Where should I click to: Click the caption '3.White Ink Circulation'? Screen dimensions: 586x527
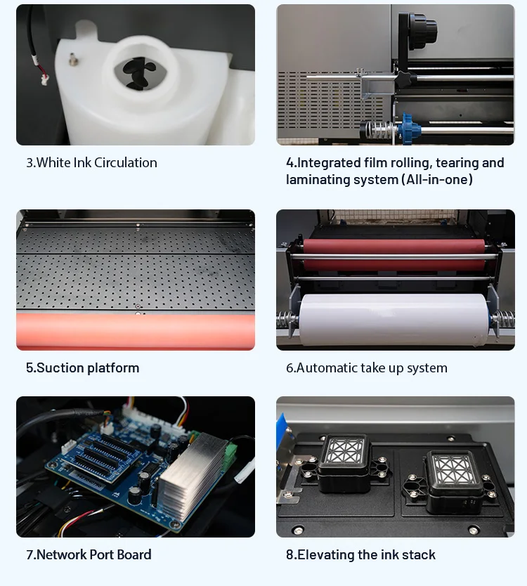tap(91, 162)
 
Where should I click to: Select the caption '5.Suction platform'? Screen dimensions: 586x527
tap(82, 367)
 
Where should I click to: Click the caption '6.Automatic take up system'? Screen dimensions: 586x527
tap(366, 367)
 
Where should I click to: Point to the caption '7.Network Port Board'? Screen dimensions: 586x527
tap(89, 554)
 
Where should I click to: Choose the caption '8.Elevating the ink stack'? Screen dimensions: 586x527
tap(360, 554)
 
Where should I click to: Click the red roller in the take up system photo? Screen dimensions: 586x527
tap(393, 247)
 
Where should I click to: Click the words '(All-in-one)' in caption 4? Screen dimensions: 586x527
tap(437, 180)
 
